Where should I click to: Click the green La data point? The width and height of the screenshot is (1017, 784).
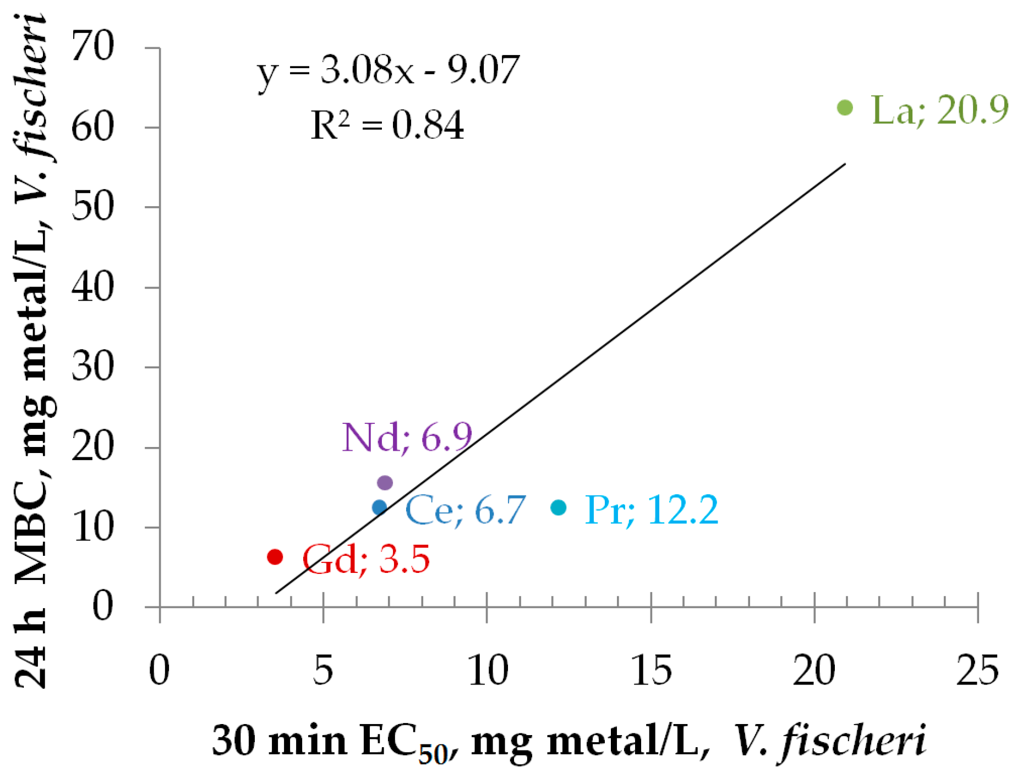coord(845,108)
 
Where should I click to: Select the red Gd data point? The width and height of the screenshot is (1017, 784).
coord(275,557)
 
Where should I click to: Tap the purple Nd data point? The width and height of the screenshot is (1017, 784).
coord(385,483)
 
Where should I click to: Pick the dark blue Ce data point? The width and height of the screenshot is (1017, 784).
coord(379,507)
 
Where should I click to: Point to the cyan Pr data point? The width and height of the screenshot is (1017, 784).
coord(559,507)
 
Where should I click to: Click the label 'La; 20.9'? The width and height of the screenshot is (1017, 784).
coord(939,110)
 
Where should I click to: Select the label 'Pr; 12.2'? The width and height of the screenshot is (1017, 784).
coord(651,510)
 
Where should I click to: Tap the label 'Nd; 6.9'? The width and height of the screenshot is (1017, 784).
coord(407,438)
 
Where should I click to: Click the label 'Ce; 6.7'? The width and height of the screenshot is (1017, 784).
coord(466,510)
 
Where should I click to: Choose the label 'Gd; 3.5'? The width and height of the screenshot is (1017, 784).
coord(366,559)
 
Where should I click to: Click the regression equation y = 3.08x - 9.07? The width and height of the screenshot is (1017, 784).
coord(388,71)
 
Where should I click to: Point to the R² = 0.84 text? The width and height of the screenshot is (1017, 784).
coord(387,125)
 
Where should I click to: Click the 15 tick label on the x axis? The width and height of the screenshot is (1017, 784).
coord(651,670)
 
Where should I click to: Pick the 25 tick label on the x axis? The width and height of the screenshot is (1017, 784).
coord(977,670)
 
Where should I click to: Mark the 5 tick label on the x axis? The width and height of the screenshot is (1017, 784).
coord(323,670)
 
